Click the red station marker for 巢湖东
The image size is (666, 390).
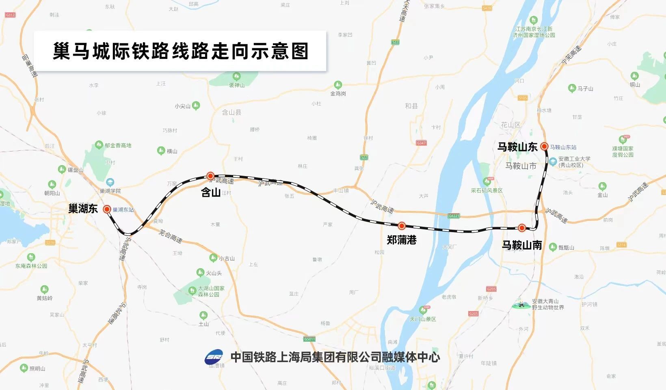click(107, 209)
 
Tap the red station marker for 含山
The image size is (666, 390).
click(210, 176)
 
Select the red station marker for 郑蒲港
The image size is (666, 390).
click(402, 226)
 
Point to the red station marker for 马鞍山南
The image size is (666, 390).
click(522, 228)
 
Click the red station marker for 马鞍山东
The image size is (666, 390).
click(545, 147)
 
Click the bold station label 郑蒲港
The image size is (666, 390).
click(402, 240)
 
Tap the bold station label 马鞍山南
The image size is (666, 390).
click(522, 245)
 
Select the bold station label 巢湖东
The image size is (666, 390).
click(83, 209)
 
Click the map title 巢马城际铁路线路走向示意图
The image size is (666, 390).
click(180, 51)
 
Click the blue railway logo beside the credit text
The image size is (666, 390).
click(214, 357)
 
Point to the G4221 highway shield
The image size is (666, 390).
click(454, 216)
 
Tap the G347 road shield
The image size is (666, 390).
click(421, 143)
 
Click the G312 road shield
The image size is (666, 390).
click(10, 15)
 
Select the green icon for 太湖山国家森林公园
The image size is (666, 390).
click(192, 290)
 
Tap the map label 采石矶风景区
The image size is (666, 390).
click(487, 190)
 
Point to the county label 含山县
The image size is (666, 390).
click(231, 112)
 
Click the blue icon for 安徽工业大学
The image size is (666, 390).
click(553, 162)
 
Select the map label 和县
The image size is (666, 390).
click(411, 106)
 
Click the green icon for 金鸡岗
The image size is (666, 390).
click(338, 85)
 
